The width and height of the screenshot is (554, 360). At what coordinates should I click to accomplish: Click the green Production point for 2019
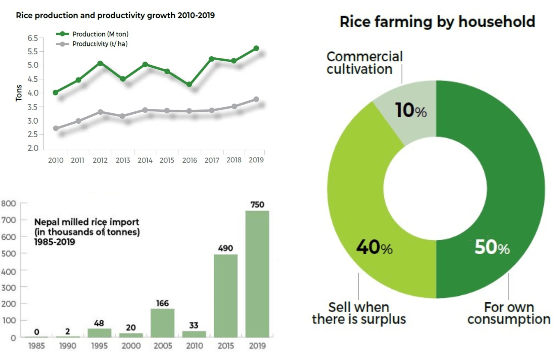(256, 48)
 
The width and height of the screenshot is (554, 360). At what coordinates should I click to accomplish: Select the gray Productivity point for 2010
(56, 128)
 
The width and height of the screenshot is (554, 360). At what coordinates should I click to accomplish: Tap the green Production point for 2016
(189, 84)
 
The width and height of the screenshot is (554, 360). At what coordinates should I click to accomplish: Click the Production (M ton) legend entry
(92, 34)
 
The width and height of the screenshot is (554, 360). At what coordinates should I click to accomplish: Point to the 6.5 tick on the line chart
(32, 38)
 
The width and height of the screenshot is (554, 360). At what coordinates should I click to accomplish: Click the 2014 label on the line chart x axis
(145, 160)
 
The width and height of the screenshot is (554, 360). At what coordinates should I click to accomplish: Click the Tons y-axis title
(19, 93)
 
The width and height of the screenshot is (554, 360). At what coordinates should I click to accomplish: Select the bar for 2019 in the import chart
(257, 274)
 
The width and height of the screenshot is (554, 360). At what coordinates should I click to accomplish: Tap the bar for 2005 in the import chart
(162, 323)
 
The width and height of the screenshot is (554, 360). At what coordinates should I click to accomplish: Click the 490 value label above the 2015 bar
(225, 248)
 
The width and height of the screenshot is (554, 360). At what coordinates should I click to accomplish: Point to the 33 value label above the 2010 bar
(194, 325)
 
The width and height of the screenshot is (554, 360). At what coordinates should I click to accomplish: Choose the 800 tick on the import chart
(8, 204)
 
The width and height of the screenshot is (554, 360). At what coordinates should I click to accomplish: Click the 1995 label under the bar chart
(99, 346)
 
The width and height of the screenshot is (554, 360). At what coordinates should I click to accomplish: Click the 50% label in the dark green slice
(492, 247)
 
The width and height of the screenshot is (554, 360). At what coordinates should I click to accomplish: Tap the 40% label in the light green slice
(374, 247)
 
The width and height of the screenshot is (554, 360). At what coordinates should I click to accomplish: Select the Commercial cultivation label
(364, 63)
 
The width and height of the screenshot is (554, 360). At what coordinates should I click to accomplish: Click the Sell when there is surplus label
(359, 313)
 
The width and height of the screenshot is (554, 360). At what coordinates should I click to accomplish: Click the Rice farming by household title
(437, 22)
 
